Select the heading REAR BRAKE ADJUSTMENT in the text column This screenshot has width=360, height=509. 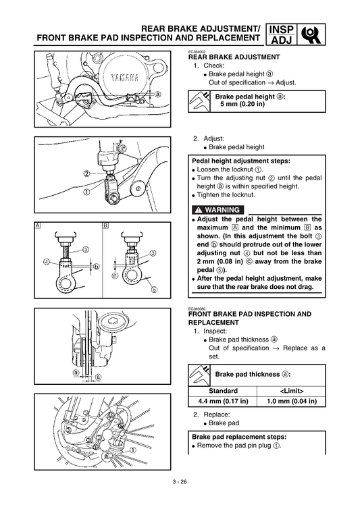click(233, 58)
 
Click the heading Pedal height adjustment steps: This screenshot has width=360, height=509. click(241, 161)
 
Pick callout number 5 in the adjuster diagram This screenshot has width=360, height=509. click(153, 290)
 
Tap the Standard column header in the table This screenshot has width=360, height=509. click(223, 390)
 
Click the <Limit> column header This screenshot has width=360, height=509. click(291, 390)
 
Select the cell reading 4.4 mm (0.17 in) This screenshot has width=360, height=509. click(223, 401)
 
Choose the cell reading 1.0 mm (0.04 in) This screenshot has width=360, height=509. click(291, 401)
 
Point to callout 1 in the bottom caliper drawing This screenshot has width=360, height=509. click(133, 449)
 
